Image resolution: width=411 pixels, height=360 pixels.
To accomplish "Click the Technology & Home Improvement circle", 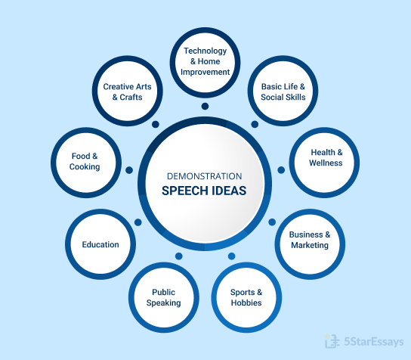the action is [x=205, y=63].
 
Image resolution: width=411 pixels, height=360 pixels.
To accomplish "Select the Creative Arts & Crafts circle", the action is [x=128, y=91].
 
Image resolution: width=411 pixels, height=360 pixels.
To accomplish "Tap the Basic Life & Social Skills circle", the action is [x=283, y=91].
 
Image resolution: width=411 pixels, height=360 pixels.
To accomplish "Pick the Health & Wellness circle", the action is [x=324, y=163].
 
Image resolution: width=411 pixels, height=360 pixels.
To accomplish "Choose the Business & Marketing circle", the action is [x=310, y=244].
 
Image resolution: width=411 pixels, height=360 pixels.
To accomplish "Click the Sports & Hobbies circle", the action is [x=246, y=297].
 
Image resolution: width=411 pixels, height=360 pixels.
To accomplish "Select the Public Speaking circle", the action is [x=164, y=297].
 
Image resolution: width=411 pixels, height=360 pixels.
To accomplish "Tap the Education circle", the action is [x=100, y=244].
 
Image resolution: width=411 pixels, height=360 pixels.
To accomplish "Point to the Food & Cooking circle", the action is [x=86, y=163].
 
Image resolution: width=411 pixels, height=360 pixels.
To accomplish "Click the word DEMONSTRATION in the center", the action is [x=205, y=176].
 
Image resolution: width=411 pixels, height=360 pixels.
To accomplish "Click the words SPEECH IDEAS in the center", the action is [x=204, y=191].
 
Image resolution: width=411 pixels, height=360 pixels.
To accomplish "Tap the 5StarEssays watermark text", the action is [x=374, y=342].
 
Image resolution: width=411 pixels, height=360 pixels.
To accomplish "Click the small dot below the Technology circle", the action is [x=205, y=107].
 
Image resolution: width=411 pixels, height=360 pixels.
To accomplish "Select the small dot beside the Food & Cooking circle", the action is [x=129, y=170].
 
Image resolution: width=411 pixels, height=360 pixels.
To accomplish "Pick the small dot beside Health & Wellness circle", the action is [x=281, y=170].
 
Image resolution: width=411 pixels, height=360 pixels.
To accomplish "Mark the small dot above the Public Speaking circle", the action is [x=179, y=256].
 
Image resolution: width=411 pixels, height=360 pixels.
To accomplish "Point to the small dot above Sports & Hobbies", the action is [x=231, y=256].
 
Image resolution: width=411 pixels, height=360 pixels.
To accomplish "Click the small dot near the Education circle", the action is [x=138, y=222].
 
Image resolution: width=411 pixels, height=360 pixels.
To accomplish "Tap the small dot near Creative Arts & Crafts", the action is [x=156, y=124].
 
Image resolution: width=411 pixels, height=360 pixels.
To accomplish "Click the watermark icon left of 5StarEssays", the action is [x=331, y=341].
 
